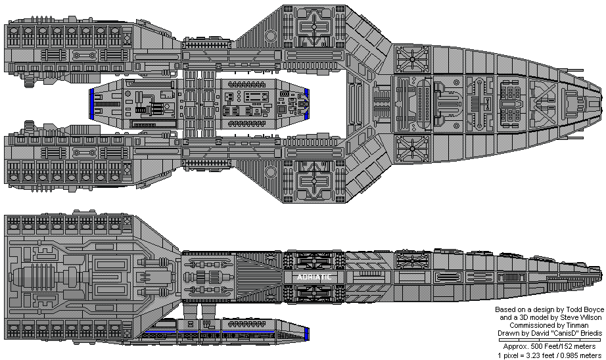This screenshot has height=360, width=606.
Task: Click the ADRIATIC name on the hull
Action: coord(312,277)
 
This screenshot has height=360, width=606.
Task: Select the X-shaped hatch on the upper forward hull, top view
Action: coord(412,59)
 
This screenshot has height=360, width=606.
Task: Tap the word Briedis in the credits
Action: coord(588,333)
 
